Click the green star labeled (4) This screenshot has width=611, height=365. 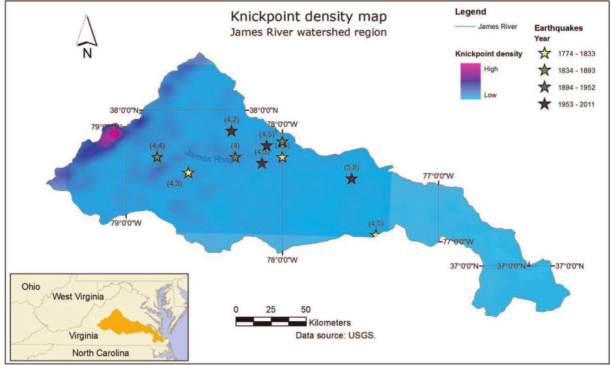pos(235,157)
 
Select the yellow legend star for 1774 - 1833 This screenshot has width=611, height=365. pos(545,54)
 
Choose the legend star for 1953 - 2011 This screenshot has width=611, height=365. pos(545,104)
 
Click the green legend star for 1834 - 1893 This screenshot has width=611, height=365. pos(545,70)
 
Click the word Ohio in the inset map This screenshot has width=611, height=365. pos(31,287)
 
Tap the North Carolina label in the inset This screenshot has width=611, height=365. pos(101,353)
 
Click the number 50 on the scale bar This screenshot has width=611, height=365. pos(306,310)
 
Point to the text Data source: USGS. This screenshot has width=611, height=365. pos(335,336)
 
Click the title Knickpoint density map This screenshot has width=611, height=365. pos(308,17)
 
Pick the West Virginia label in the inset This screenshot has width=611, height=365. pos(78,297)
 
